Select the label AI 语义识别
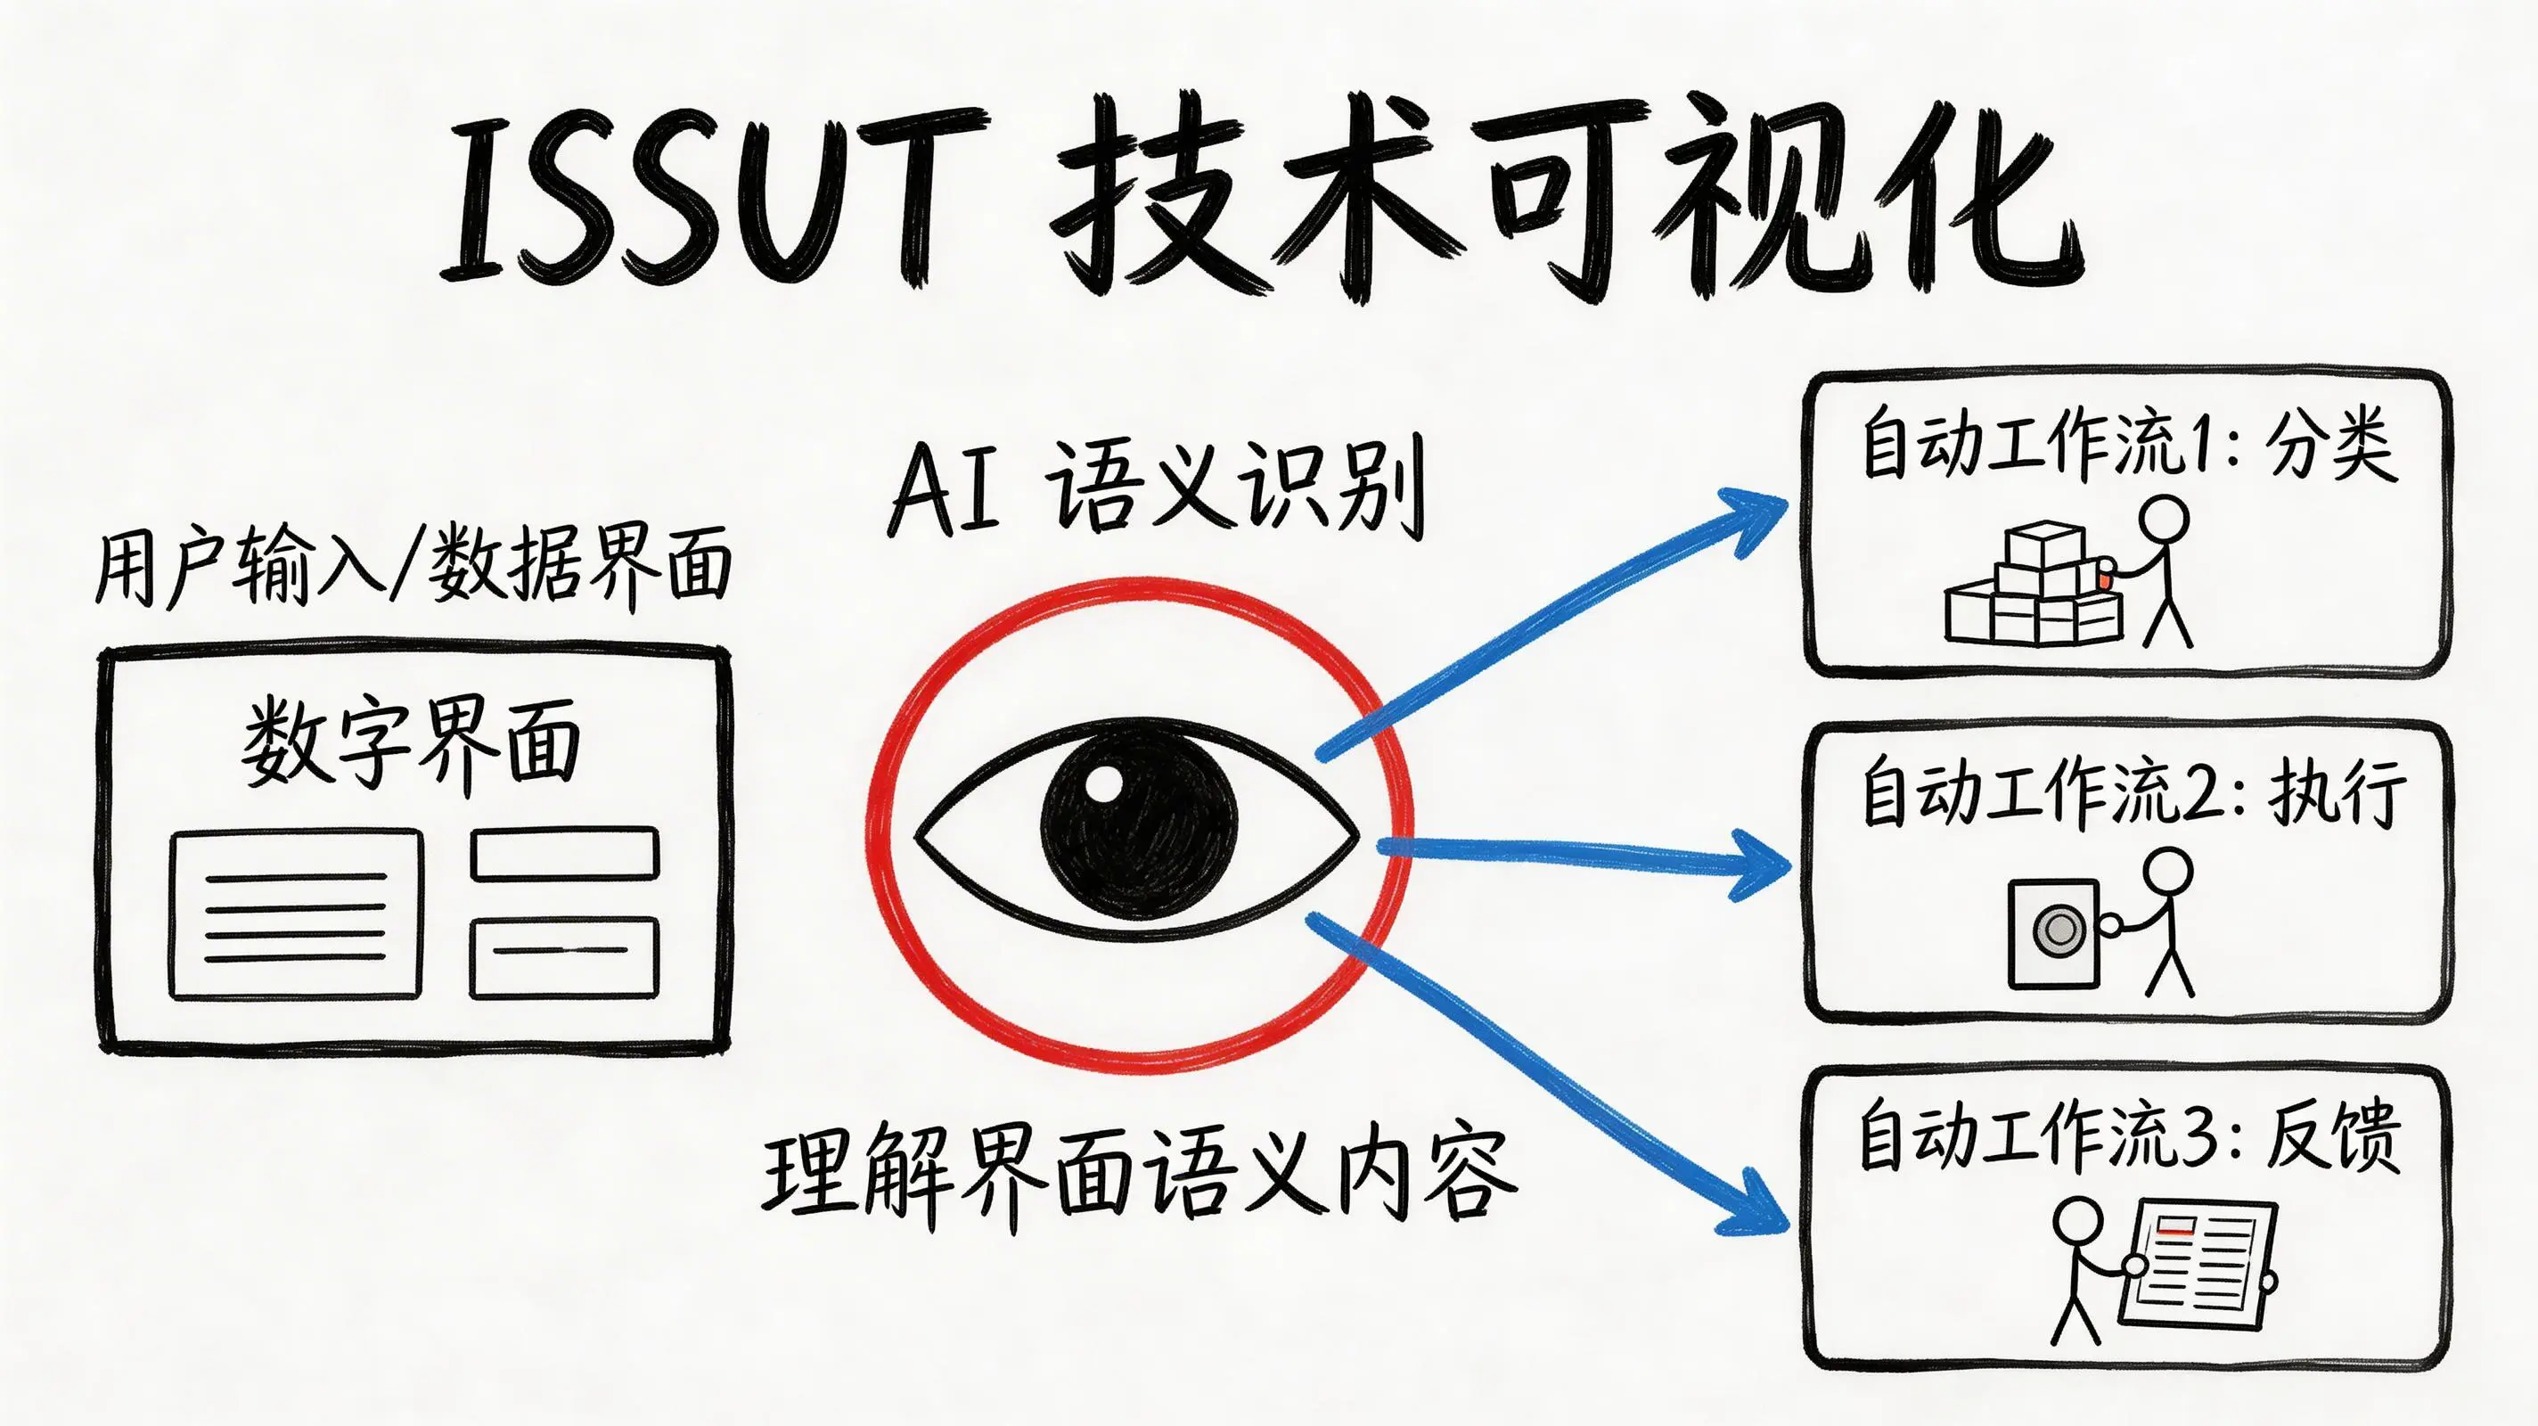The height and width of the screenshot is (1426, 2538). click(1157, 488)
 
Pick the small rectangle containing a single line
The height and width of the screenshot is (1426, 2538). click(563, 957)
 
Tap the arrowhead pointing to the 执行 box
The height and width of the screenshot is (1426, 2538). click(1758, 865)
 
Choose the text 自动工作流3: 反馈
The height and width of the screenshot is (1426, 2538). click(2128, 1135)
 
